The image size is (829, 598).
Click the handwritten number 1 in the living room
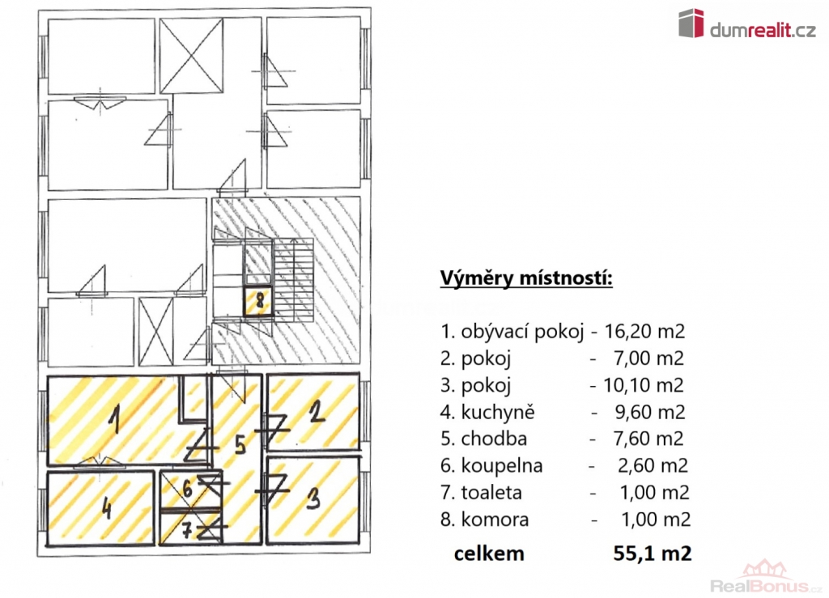click(113, 419)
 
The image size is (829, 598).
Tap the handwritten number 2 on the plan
click(317, 411)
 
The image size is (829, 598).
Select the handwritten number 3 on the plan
click(313, 498)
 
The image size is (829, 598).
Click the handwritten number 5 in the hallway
click(240, 444)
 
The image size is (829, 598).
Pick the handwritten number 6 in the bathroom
click(188, 489)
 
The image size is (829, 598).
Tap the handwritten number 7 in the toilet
click(187, 530)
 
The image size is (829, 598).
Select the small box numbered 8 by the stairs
click(259, 301)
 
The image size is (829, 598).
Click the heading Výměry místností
click(526, 278)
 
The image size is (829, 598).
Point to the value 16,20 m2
click(644, 331)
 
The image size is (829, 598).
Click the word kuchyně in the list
click(498, 412)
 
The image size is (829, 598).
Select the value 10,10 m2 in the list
click(644, 385)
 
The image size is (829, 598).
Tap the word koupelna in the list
click(502, 466)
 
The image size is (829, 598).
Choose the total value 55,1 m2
click(653, 553)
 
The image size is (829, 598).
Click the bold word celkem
click(489, 553)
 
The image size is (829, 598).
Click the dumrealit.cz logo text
click(763, 31)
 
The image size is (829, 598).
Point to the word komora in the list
click(495, 520)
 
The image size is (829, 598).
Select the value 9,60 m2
click(650, 412)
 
